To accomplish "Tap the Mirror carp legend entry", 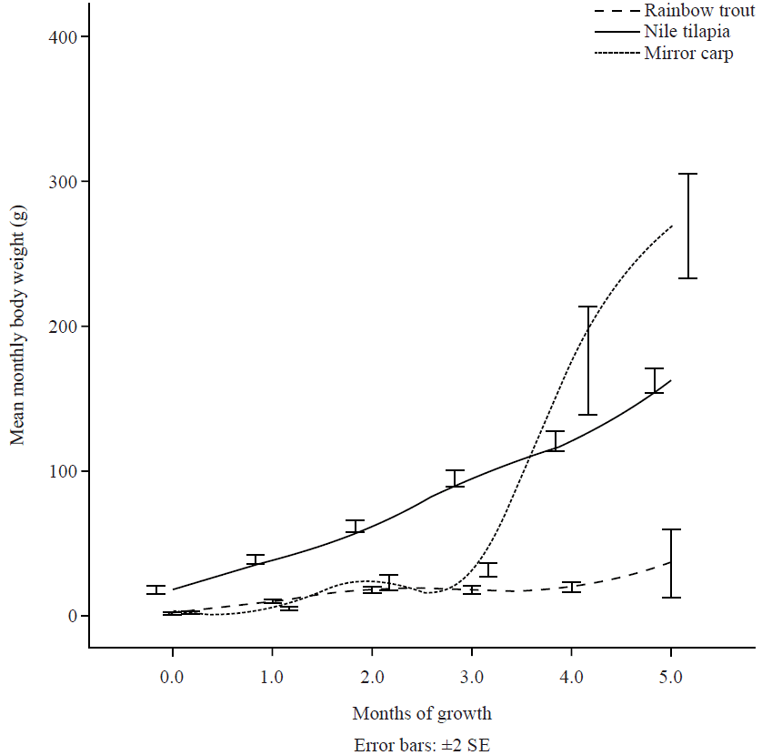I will coord(688,53).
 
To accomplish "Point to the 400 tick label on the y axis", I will coord(63,37).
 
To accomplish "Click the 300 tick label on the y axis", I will coord(63,182).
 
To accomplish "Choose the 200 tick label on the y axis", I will coord(63,327).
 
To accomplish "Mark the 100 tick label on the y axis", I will coord(63,471).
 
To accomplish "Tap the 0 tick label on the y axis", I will coord(71,617).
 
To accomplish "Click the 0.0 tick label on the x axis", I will coord(172,677).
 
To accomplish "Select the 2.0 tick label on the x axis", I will coord(371,677).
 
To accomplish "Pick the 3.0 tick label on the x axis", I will coord(471,677).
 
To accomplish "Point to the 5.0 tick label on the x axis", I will coord(670,677).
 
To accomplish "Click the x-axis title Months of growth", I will coord(422,712).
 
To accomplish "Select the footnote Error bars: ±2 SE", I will coord(422,744).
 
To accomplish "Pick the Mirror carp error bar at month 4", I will coord(588,360).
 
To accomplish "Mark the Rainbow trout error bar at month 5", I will coord(671,563).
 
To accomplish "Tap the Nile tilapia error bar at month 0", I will coord(155,589).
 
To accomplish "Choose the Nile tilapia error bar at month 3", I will coord(455,478).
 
